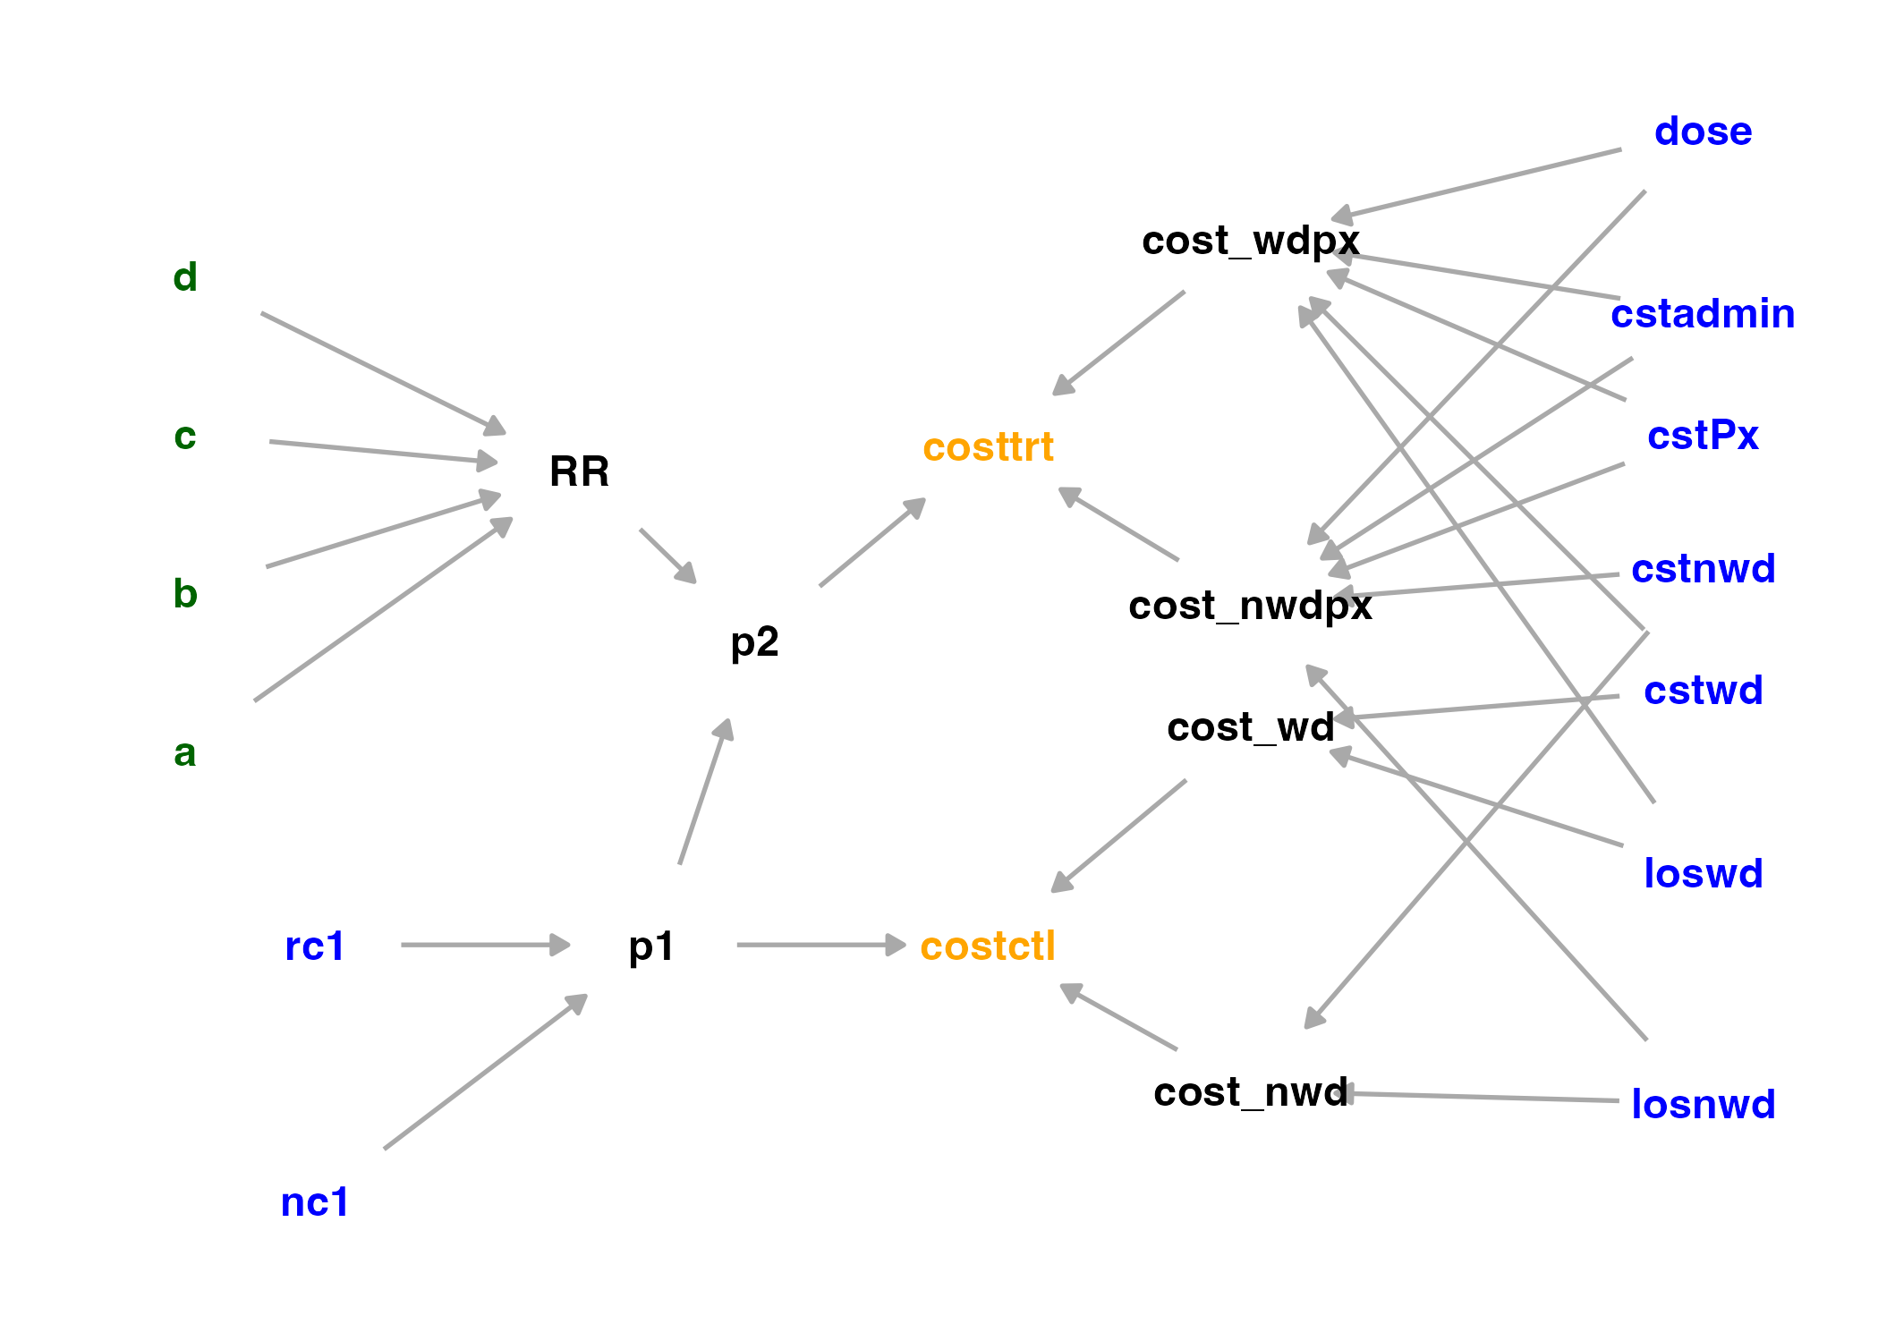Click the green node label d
(185, 277)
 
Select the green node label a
(184, 753)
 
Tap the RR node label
(579, 471)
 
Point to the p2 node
(754, 641)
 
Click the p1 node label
(650, 946)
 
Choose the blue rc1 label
(314, 946)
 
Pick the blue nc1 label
(314, 1201)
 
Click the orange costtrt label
(988, 447)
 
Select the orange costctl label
(988, 946)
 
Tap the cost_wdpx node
(1250, 241)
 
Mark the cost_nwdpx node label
(1250, 606)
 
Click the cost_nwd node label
(1250, 1092)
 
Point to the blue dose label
(1703, 132)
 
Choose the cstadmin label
(1703, 314)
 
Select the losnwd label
(1703, 1104)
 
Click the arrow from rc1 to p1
(484, 945)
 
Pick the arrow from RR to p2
(667, 556)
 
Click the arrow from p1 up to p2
(706, 792)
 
